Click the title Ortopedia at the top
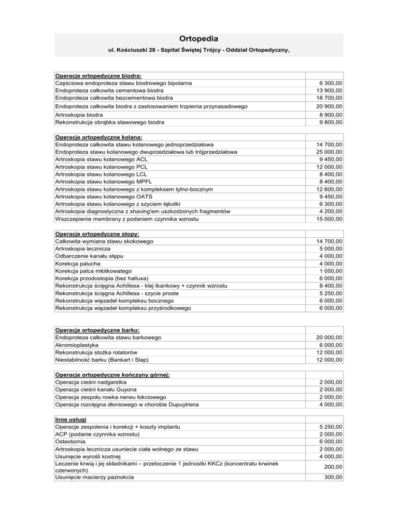(199, 38)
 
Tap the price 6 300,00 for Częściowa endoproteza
(333, 83)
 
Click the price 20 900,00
(332, 106)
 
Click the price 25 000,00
(332, 152)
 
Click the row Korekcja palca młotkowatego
(93, 271)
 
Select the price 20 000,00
(332, 337)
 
